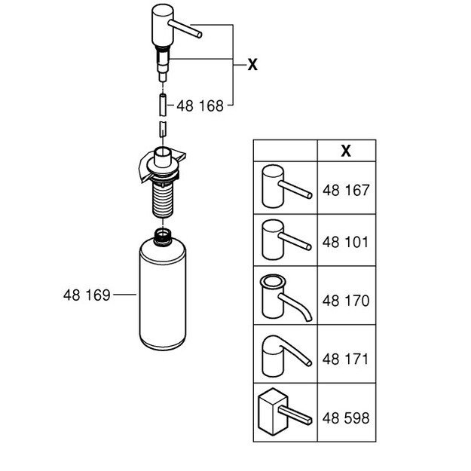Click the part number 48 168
coord(200,106)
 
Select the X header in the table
coord(345,150)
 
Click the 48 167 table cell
coord(345,189)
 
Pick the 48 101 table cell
coord(345,243)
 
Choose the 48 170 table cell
coord(345,301)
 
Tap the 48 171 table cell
coord(345,358)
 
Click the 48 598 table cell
coord(345,416)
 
